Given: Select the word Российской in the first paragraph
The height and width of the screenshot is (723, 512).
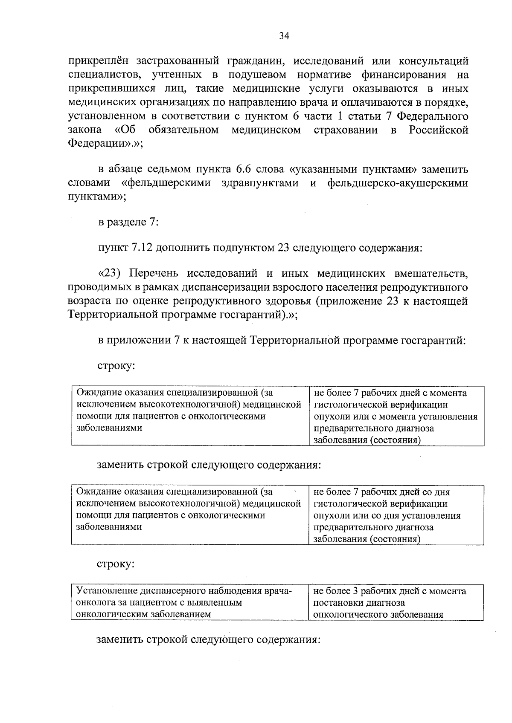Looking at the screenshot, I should [x=439, y=130].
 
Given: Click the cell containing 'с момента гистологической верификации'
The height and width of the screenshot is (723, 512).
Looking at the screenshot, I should [x=396, y=416].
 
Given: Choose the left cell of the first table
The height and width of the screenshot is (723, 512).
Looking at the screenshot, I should [x=190, y=416].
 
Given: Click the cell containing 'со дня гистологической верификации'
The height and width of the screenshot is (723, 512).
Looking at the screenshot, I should [x=396, y=515].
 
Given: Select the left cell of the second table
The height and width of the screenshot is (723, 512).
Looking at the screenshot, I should [x=190, y=515].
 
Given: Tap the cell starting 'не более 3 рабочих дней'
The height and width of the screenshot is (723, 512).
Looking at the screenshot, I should [x=396, y=602].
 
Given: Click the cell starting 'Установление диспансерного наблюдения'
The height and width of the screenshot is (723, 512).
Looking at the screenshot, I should [x=190, y=602].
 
